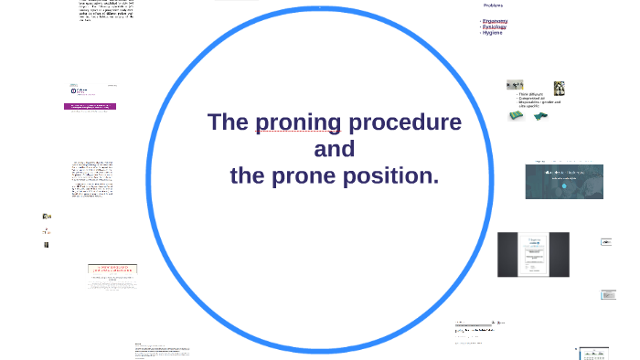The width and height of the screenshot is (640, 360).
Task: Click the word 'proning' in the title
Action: click(298, 122)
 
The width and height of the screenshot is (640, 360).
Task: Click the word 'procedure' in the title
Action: click(404, 122)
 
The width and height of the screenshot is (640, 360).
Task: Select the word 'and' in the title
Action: click(334, 149)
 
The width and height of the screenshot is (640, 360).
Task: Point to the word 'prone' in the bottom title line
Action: click(304, 175)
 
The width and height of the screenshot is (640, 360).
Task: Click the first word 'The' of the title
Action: click(228, 122)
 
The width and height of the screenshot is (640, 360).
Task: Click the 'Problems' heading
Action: click(494, 5)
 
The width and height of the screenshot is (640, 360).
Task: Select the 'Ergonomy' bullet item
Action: click(496, 20)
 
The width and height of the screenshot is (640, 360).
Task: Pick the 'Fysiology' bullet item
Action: click(495, 26)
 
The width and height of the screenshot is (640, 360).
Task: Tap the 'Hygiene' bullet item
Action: click(494, 33)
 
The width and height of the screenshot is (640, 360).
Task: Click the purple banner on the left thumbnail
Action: click(90, 106)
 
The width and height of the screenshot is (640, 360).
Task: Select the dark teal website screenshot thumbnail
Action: click(563, 181)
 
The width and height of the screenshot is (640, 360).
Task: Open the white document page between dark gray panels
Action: click(532, 254)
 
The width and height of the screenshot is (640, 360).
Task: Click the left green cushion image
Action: click(517, 116)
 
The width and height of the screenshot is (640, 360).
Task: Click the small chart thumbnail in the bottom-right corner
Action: click(593, 353)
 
